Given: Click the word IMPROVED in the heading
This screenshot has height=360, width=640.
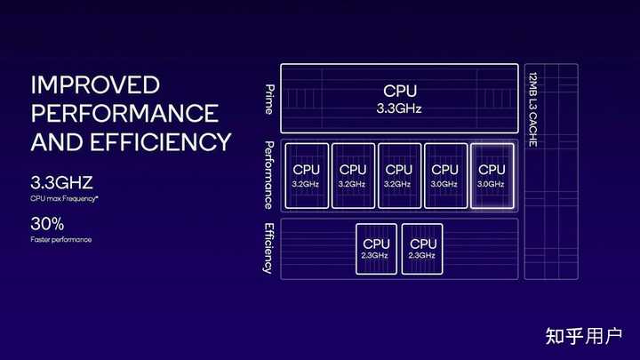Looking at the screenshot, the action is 95,85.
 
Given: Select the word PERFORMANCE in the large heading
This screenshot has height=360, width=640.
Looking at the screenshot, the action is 125,113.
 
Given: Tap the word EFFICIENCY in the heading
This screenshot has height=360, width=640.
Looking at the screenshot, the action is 160,141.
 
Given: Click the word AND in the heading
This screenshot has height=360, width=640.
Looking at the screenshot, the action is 57,141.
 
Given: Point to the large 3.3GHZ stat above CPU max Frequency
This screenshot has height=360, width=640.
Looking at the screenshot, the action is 61,182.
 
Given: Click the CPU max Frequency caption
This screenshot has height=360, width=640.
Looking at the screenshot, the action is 64,199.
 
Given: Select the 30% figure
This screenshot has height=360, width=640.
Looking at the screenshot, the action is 47,224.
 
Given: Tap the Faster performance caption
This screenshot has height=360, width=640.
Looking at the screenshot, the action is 60,240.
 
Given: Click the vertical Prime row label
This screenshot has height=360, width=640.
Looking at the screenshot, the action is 269,100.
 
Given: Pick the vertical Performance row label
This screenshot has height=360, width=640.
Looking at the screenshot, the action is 269,175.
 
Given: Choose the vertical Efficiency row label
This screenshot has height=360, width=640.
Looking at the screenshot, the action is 268,248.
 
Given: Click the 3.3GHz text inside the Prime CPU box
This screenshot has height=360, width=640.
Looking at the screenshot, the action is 399,108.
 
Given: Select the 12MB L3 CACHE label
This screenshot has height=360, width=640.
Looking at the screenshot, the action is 532,110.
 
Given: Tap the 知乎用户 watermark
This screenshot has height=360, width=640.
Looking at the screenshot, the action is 584,336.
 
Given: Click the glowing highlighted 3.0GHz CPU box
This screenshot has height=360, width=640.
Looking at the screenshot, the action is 492,176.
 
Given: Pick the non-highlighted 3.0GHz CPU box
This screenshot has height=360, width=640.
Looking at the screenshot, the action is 445,176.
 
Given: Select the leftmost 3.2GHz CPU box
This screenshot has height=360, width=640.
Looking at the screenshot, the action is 307,176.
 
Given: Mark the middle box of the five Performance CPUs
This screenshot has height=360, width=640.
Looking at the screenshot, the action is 400,176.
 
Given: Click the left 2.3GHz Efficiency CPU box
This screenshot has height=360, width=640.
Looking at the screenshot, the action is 376,249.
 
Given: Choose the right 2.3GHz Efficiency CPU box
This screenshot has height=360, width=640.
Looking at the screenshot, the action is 422,249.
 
